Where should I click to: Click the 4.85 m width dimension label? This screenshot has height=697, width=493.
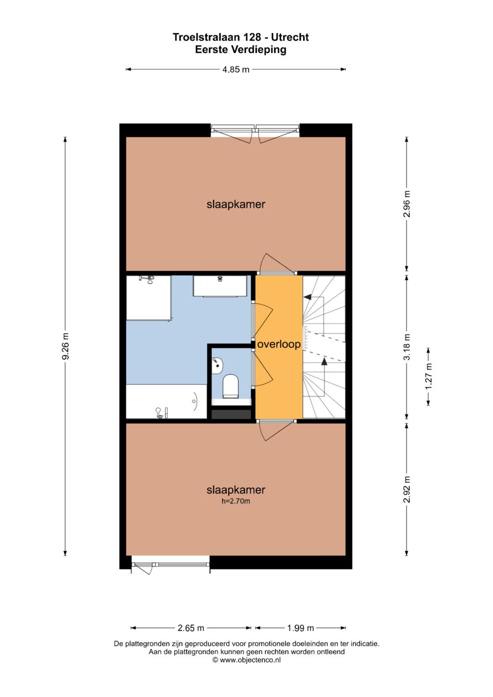[236, 69]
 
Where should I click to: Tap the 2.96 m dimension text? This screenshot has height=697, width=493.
[407, 204]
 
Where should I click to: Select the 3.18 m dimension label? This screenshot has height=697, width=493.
[407, 346]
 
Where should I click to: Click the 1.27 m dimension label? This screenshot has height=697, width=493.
[429, 376]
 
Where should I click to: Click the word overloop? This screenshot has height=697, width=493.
[279, 344]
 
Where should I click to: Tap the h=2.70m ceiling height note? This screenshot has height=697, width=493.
[236, 501]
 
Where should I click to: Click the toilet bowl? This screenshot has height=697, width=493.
[231, 386]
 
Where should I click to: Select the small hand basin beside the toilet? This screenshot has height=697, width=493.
[217, 367]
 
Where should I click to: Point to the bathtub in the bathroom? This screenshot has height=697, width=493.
[167, 401]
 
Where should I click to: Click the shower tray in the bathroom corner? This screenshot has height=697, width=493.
[148, 298]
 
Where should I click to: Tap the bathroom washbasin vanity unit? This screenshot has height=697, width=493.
[220, 286]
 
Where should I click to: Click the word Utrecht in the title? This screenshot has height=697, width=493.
[290, 37]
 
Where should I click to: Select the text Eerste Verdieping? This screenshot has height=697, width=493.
[241, 49]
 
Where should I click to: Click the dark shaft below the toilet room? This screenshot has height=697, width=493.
[231, 414]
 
